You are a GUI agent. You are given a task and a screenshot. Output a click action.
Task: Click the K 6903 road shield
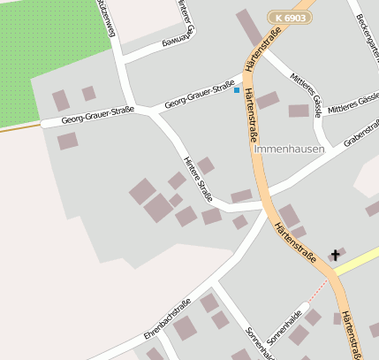(x=291, y=17)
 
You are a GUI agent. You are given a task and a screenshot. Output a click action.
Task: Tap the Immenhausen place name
(x=289, y=149)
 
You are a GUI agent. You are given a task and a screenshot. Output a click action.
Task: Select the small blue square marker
(x=237, y=90)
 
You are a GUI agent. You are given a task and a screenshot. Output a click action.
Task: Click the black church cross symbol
(x=336, y=255)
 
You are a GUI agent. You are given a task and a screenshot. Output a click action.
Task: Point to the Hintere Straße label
(x=197, y=179)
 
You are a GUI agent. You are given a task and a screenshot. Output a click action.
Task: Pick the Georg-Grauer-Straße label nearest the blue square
(x=200, y=96)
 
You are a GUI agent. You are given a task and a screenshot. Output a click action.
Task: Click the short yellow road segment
(x=358, y=260)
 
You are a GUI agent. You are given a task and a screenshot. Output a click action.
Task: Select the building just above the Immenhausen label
(x=299, y=111)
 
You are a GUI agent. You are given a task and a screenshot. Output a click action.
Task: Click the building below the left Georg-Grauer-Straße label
(x=67, y=141)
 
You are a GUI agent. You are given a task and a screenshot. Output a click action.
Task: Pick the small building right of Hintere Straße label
(x=206, y=165)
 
